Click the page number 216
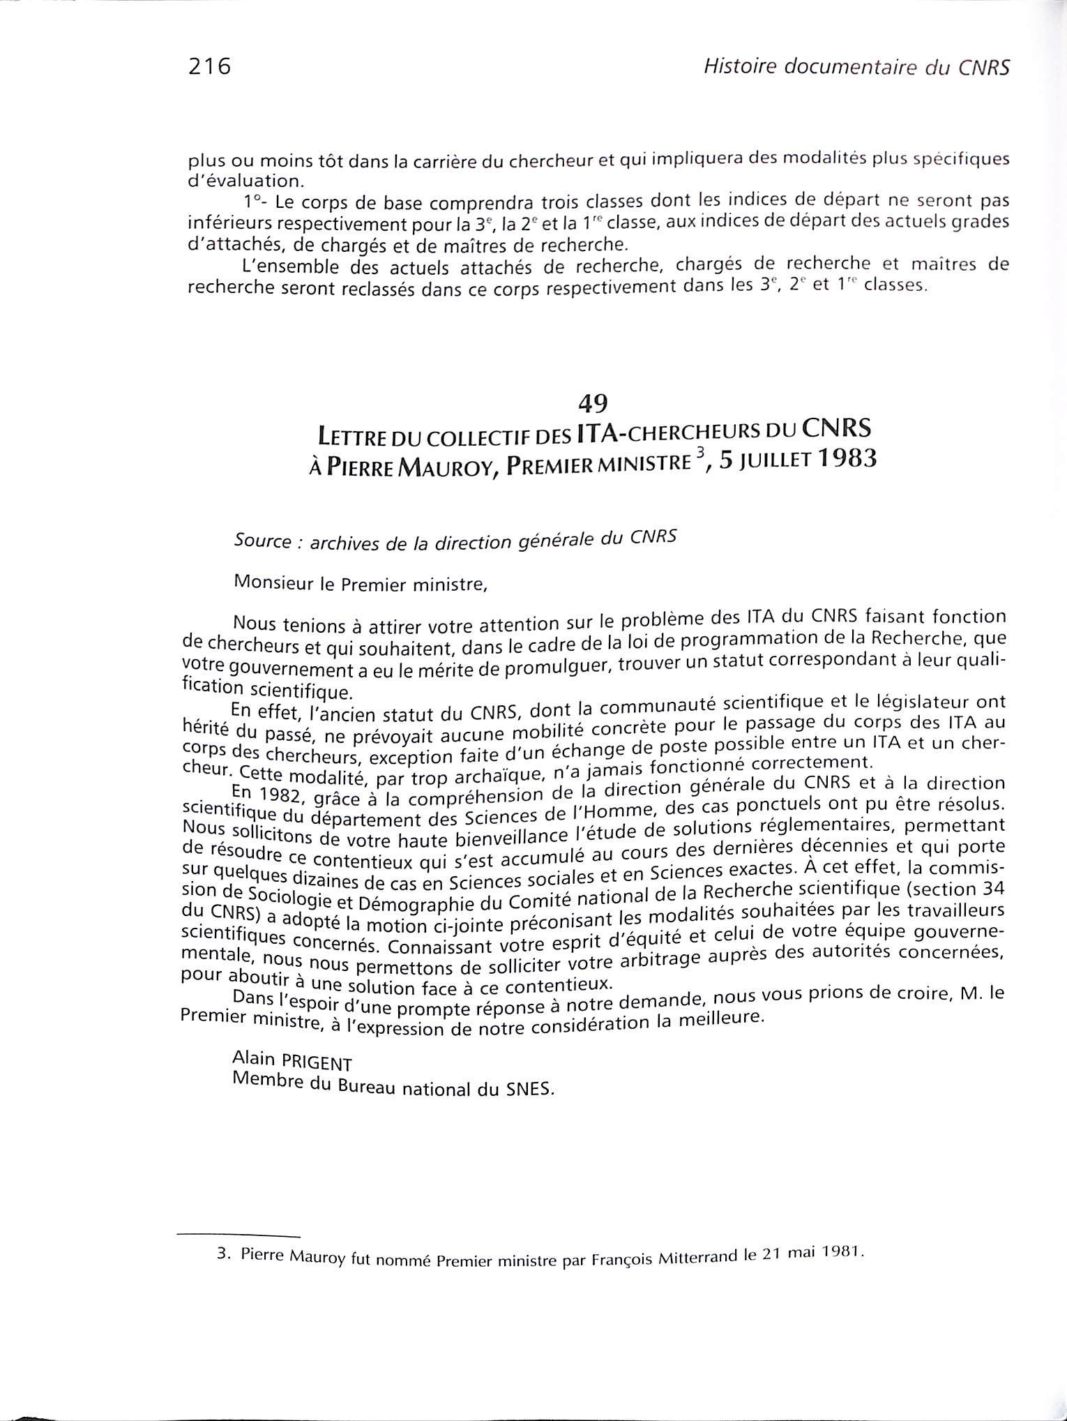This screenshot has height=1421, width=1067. pyautogui.click(x=209, y=67)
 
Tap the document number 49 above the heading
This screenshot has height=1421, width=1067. pyautogui.click(x=593, y=403)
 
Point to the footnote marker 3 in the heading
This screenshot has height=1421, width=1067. pyautogui.click(x=693, y=453)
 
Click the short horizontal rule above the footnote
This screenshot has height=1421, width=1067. pyautogui.click(x=239, y=1235)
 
